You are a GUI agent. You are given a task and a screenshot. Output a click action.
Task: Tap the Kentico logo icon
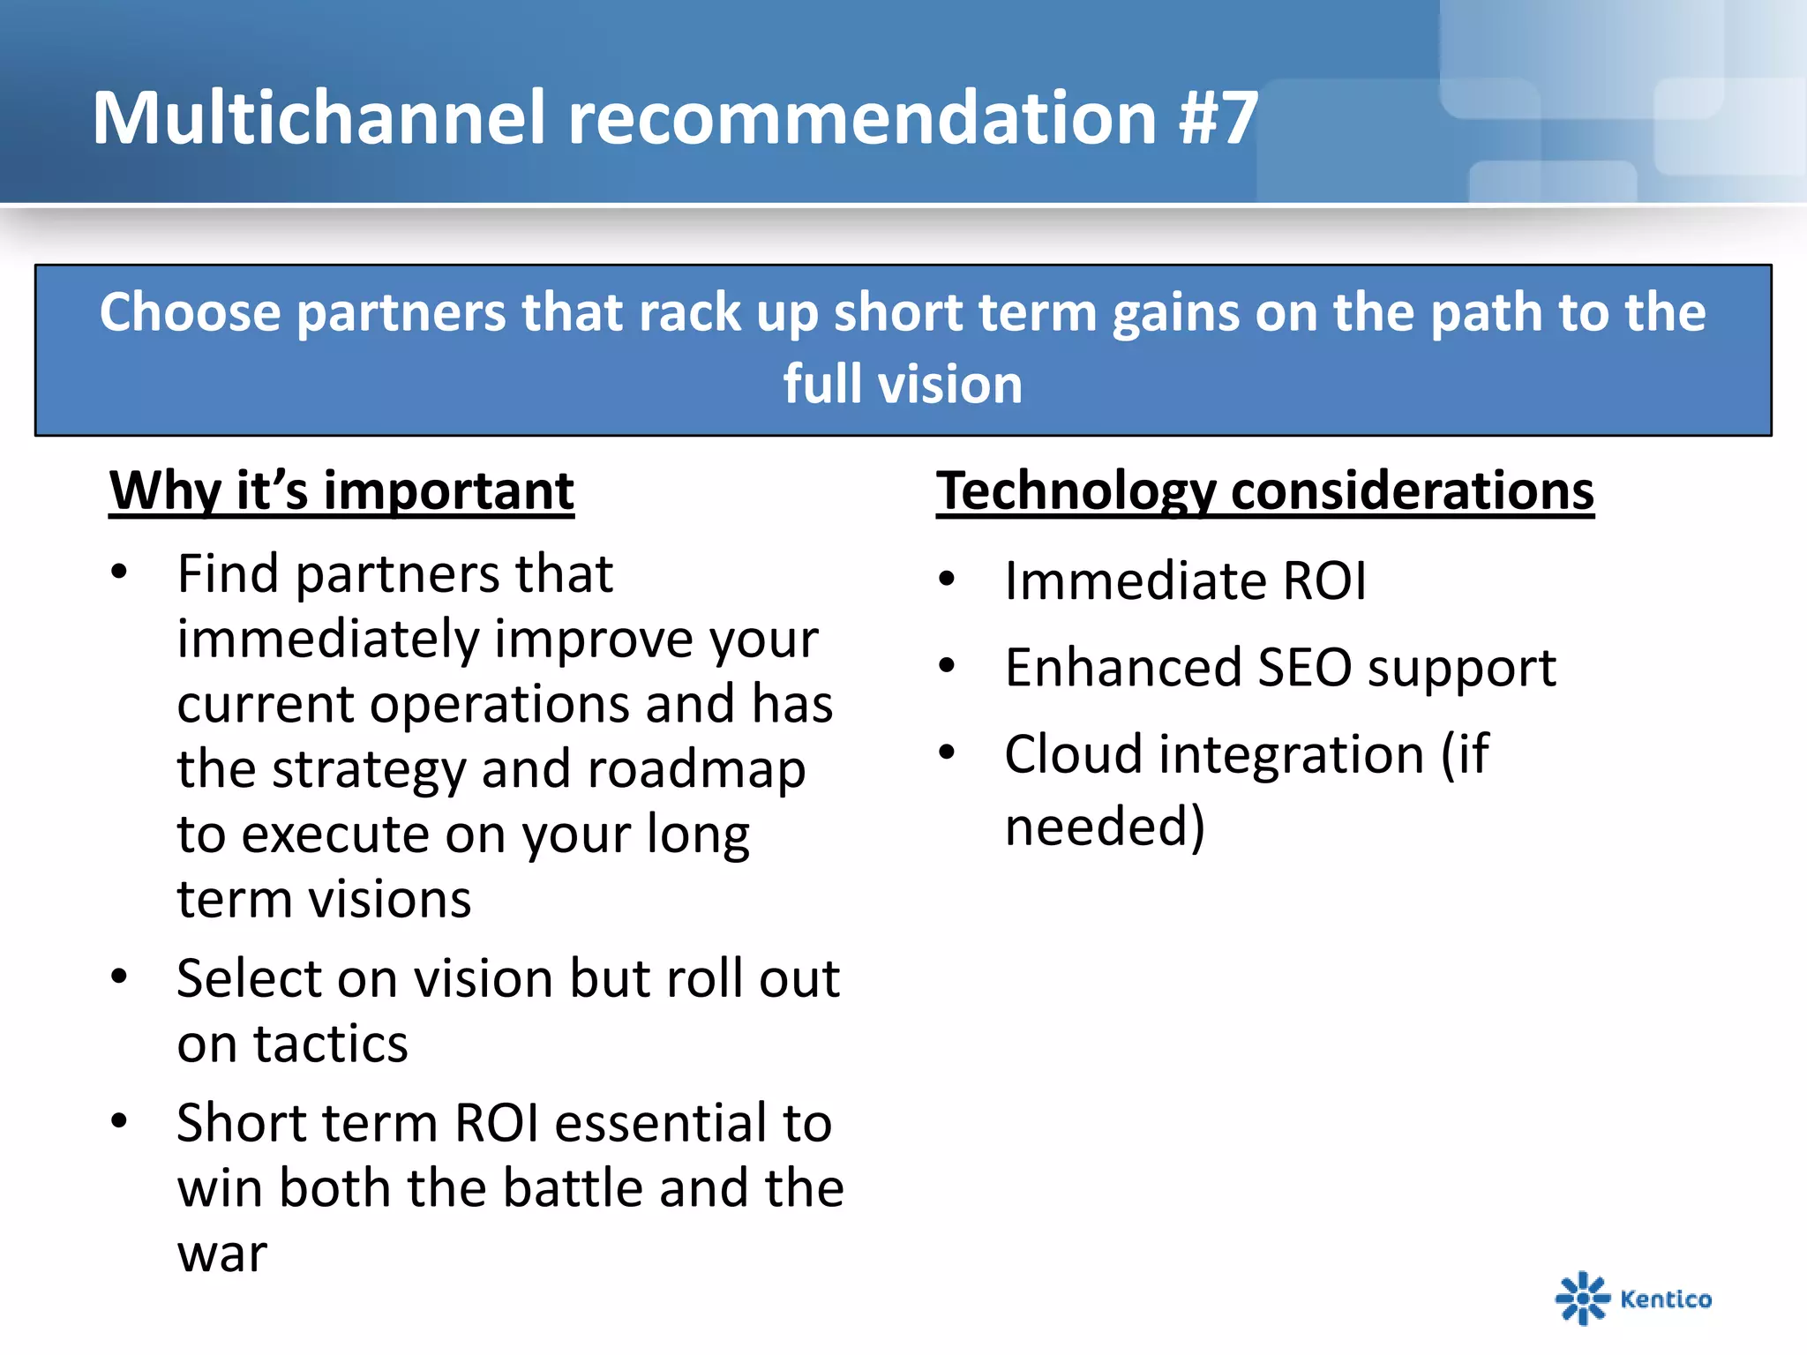pyautogui.click(x=1581, y=1298)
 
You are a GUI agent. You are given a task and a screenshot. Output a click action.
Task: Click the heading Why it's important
pyautogui.click(x=341, y=490)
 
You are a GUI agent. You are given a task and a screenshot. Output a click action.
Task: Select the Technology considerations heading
pyautogui.click(x=1264, y=490)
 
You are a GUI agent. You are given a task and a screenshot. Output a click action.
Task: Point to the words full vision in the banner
pyautogui.click(x=903, y=385)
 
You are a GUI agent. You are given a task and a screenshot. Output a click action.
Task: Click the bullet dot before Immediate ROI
pyautogui.click(x=947, y=580)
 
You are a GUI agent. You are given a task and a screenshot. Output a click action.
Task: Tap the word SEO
pyautogui.click(x=1304, y=668)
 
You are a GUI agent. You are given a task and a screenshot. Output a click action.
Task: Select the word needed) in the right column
pyautogui.click(x=1105, y=827)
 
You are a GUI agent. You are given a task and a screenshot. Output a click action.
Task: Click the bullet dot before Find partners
pyautogui.click(x=119, y=573)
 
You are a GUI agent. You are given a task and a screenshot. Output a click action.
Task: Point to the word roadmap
pyautogui.click(x=696, y=769)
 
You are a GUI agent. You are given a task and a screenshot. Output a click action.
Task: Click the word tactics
pyautogui.click(x=331, y=1044)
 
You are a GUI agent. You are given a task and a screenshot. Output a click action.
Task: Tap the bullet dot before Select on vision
pyautogui.click(x=119, y=977)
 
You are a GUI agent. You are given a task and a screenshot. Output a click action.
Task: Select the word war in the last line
pyautogui.click(x=221, y=1254)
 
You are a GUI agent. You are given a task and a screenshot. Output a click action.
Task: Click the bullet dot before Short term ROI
pyautogui.click(x=119, y=1122)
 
